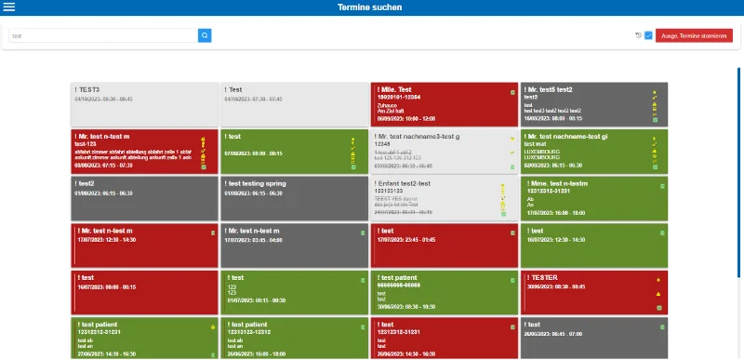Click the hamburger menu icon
[x=9, y=7]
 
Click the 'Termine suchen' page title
[x=371, y=7]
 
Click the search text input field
[x=102, y=35]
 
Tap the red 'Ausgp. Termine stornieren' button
[x=694, y=35]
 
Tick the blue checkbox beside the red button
[x=648, y=35]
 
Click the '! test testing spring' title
[x=257, y=184]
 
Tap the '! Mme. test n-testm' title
[x=556, y=183]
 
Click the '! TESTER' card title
[x=543, y=277]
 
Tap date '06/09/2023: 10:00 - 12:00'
[x=405, y=118]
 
